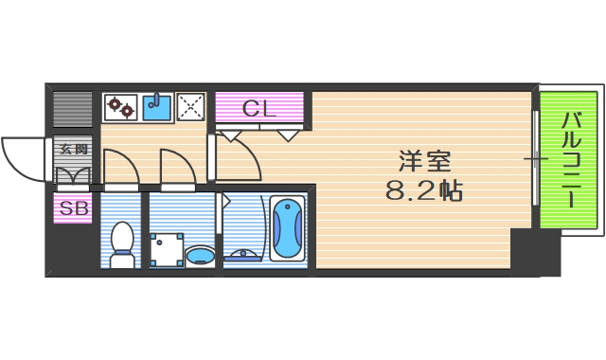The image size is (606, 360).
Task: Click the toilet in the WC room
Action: pos(122,243)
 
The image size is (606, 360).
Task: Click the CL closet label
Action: pos(258,108)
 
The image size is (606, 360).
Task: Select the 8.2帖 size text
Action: pos(423,191)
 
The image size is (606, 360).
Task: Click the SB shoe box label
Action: pos(72,207)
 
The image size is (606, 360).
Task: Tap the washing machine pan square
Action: pos(168,249)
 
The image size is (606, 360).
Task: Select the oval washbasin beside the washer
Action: pos(199,255)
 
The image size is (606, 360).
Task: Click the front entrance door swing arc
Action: pos(21,156)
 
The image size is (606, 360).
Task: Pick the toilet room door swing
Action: pos(121,168)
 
